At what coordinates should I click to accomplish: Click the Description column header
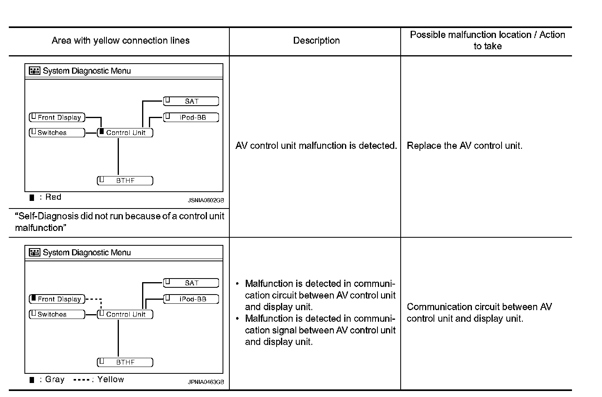pyautogui.click(x=316, y=40)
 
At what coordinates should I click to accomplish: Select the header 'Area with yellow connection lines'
pyautogui.click(x=120, y=40)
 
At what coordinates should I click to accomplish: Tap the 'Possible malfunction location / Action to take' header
pyautogui.click(x=487, y=40)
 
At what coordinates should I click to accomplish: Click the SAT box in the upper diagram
pyautogui.click(x=191, y=101)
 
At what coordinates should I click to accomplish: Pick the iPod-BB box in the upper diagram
pyautogui.click(x=191, y=117)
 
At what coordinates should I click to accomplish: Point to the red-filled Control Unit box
pyautogui.click(x=125, y=132)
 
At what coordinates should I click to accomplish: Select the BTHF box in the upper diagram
pyautogui.click(x=125, y=180)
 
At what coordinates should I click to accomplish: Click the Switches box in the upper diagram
pyautogui.click(x=57, y=132)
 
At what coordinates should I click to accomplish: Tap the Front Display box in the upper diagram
pyautogui.click(x=57, y=117)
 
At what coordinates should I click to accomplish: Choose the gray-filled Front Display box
pyautogui.click(x=57, y=299)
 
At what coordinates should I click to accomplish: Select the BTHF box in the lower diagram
pyautogui.click(x=125, y=362)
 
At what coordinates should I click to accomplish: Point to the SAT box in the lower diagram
pyautogui.click(x=191, y=283)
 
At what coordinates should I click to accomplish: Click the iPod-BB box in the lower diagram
pyautogui.click(x=191, y=299)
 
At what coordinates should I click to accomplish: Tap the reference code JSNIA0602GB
pyautogui.click(x=206, y=200)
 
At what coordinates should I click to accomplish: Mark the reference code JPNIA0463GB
pyautogui.click(x=206, y=382)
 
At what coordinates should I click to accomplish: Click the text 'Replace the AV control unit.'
pyautogui.click(x=464, y=146)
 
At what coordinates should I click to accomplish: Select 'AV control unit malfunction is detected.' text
pyautogui.click(x=316, y=146)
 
